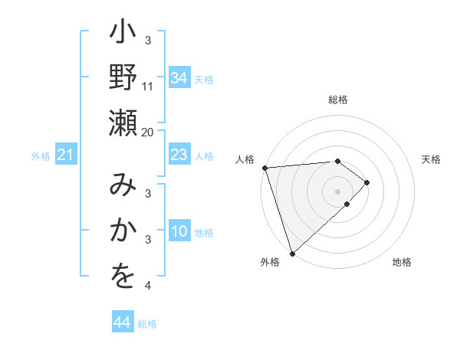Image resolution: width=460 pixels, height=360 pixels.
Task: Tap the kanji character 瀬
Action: [x=123, y=123]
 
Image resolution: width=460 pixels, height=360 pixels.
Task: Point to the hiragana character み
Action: [x=123, y=187]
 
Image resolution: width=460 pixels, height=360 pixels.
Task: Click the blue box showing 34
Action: [x=179, y=78]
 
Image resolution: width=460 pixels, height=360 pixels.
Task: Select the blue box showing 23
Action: [x=179, y=155]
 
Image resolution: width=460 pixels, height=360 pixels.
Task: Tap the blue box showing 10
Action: [x=179, y=232]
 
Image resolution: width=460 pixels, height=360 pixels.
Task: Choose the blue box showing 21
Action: [x=65, y=155]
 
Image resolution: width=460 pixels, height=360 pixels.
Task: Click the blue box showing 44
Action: [x=122, y=323]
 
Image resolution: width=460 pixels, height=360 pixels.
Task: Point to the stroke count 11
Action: [x=148, y=86]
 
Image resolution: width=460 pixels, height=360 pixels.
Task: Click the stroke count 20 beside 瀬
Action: [x=148, y=132]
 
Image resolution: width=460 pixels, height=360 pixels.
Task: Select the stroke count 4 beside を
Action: [x=148, y=286]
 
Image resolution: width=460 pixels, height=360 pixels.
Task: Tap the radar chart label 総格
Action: [x=338, y=100]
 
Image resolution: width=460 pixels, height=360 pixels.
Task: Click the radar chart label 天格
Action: [x=432, y=159]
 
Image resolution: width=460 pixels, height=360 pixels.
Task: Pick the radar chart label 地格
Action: [x=402, y=263]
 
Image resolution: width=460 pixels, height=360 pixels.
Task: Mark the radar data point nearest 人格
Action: [x=264, y=168]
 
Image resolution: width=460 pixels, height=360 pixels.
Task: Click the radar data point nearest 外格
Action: [x=292, y=252]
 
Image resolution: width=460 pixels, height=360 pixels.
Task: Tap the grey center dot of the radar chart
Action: [x=338, y=191]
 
